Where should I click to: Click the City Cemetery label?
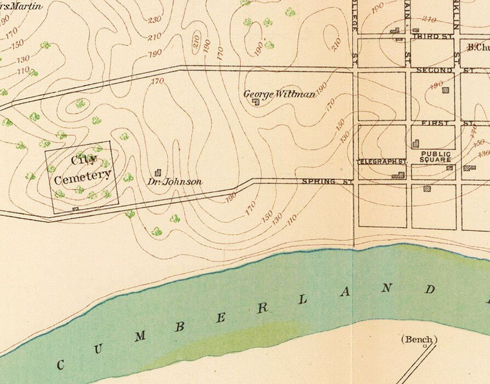[82, 168]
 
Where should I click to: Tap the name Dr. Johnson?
[175, 182]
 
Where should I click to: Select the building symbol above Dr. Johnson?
[158, 172]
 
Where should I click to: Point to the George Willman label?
[279, 94]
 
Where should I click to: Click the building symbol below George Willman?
[255, 101]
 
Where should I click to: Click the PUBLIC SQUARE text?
[435, 157]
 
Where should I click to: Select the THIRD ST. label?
[430, 36]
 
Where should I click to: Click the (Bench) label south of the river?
[419, 339]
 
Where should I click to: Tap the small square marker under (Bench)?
[424, 347]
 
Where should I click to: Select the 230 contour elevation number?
[155, 20]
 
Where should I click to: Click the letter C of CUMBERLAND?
[61, 364]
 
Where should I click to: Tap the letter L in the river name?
[303, 301]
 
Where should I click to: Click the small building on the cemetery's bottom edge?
[76, 208]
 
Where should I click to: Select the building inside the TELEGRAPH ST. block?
[398, 176]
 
